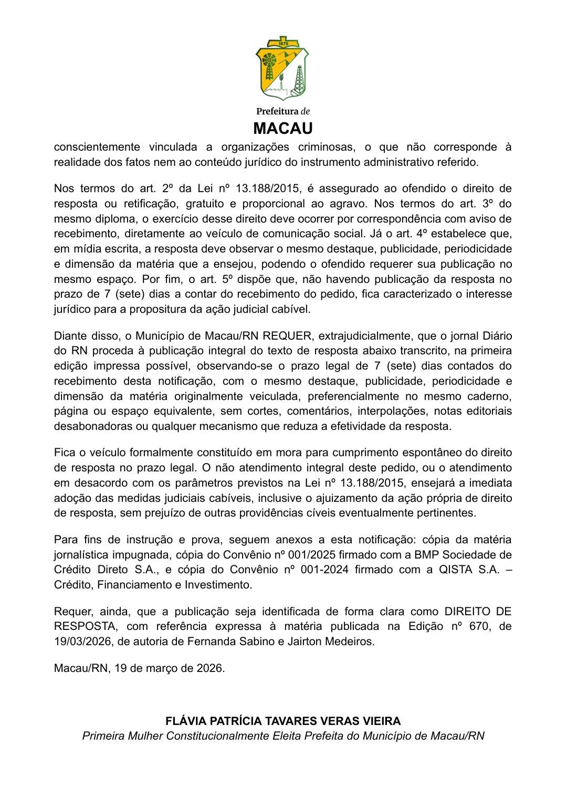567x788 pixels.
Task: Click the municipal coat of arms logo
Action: pos(282,68)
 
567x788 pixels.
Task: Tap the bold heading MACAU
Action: pos(283,129)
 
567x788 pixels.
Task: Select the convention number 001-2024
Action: pos(324,570)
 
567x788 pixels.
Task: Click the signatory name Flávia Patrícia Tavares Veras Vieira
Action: pos(283,721)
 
